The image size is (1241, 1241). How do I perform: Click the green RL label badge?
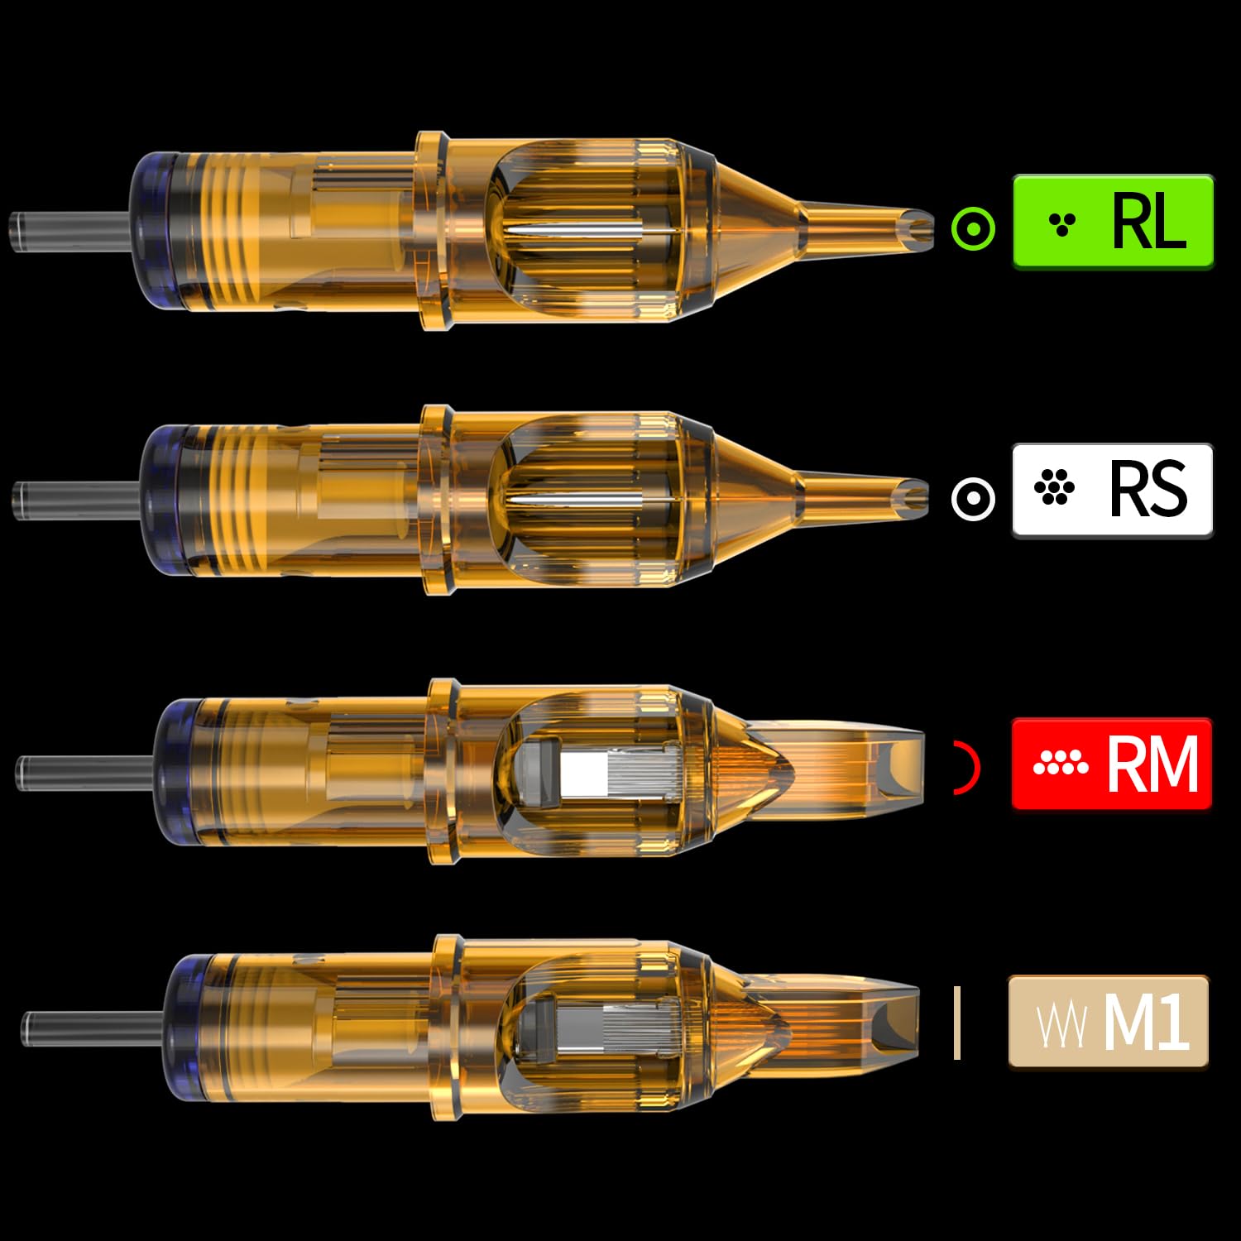tap(1113, 221)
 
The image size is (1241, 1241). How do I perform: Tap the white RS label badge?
tap(1112, 491)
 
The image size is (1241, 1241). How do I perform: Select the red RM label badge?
tap(1111, 764)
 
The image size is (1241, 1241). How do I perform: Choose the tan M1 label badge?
tap(1108, 1022)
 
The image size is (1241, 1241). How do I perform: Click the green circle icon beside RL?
tap(973, 228)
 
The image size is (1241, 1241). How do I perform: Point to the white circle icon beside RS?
tap(973, 498)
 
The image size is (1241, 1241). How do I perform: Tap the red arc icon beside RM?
tap(968, 768)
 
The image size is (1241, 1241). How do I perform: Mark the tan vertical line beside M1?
tap(957, 1023)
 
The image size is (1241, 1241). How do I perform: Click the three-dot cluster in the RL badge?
tap(1061, 223)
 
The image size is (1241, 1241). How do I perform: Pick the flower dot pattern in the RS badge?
tap(1054, 487)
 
